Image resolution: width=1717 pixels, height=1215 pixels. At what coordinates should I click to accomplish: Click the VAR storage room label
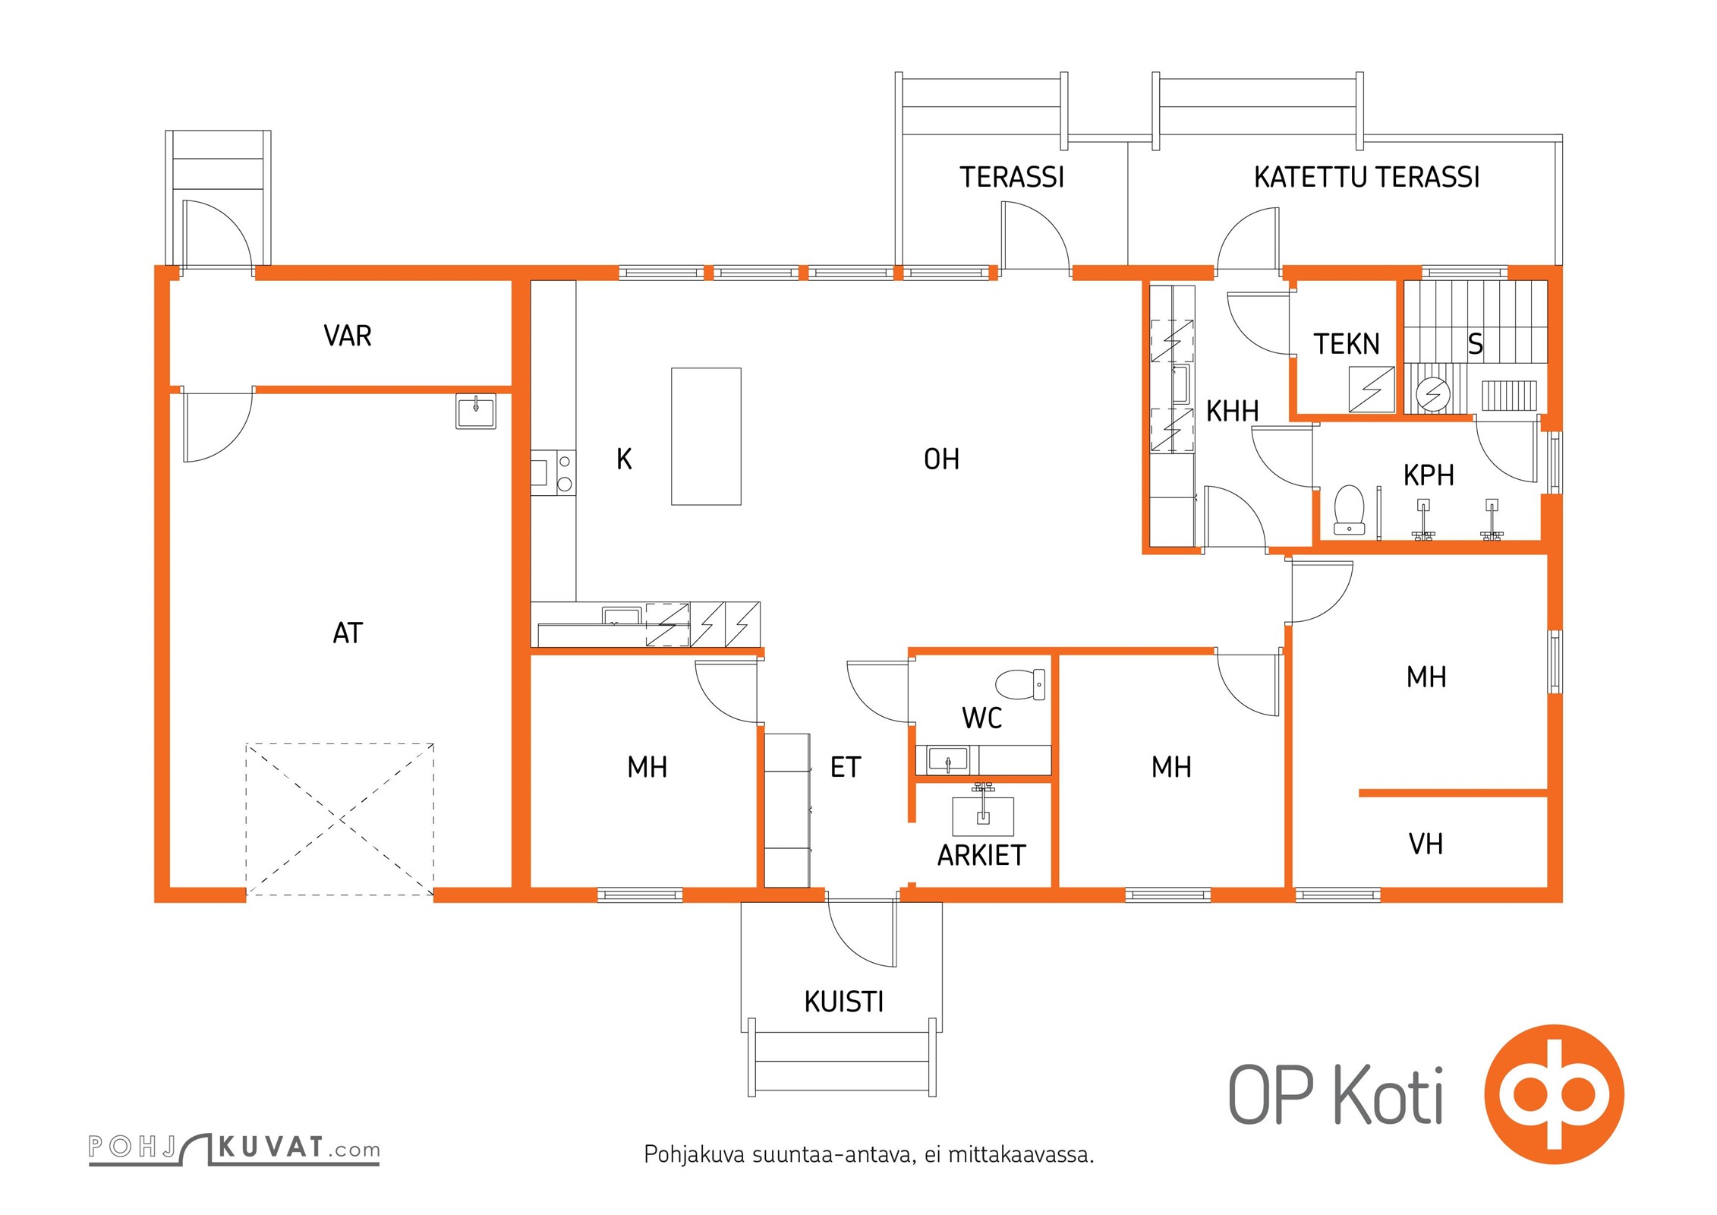(348, 336)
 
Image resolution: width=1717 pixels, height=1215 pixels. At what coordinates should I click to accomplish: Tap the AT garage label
(348, 633)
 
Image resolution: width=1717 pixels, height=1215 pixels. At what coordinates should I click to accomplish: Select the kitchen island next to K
(706, 437)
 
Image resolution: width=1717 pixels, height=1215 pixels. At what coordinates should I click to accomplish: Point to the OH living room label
(941, 459)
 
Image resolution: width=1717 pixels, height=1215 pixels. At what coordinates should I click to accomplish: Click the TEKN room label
(1347, 344)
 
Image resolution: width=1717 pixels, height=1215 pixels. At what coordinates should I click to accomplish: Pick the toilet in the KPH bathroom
(1349, 510)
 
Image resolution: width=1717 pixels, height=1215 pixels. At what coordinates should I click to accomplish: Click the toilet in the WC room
(1020, 684)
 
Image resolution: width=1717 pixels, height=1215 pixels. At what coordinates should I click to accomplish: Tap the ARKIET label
(981, 856)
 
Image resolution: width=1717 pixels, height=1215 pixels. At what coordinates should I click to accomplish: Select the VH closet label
(1426, 844)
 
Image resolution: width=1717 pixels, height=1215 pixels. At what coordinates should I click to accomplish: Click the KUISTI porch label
(844, 1002)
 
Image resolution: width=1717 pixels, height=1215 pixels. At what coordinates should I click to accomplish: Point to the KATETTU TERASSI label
(1366, 177)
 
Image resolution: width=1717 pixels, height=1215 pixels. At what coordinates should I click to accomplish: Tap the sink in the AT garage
(476, 411)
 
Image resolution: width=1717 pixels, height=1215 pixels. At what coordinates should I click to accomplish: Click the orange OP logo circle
(1554, 1094)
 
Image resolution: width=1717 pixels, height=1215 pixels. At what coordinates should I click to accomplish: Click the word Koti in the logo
(1389, 1095)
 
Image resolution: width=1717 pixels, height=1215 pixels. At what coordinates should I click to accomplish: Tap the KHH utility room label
(1233, 412)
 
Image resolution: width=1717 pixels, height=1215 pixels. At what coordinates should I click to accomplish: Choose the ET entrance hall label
(846, 768)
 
